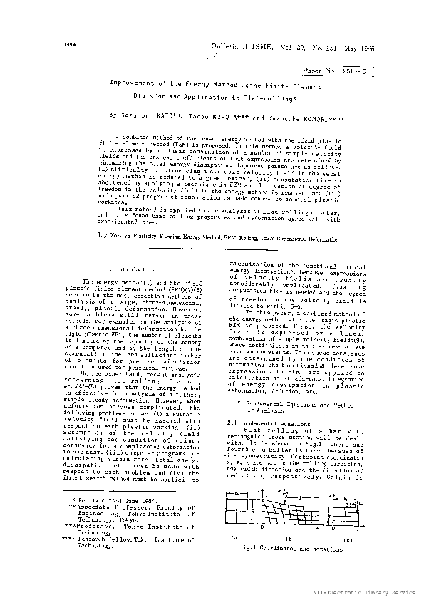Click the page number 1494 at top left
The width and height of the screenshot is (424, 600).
(x=61, y=45)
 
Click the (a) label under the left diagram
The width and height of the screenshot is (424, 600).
(x=236, y=559)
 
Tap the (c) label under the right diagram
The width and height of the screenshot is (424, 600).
(x=348, y=559)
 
